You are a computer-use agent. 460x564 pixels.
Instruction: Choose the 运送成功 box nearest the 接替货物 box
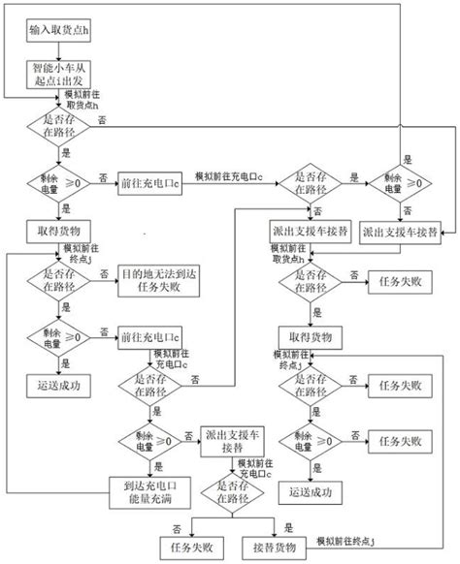tap(312, 491)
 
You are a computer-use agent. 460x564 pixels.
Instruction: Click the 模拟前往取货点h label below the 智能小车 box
tap(83, 100)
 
